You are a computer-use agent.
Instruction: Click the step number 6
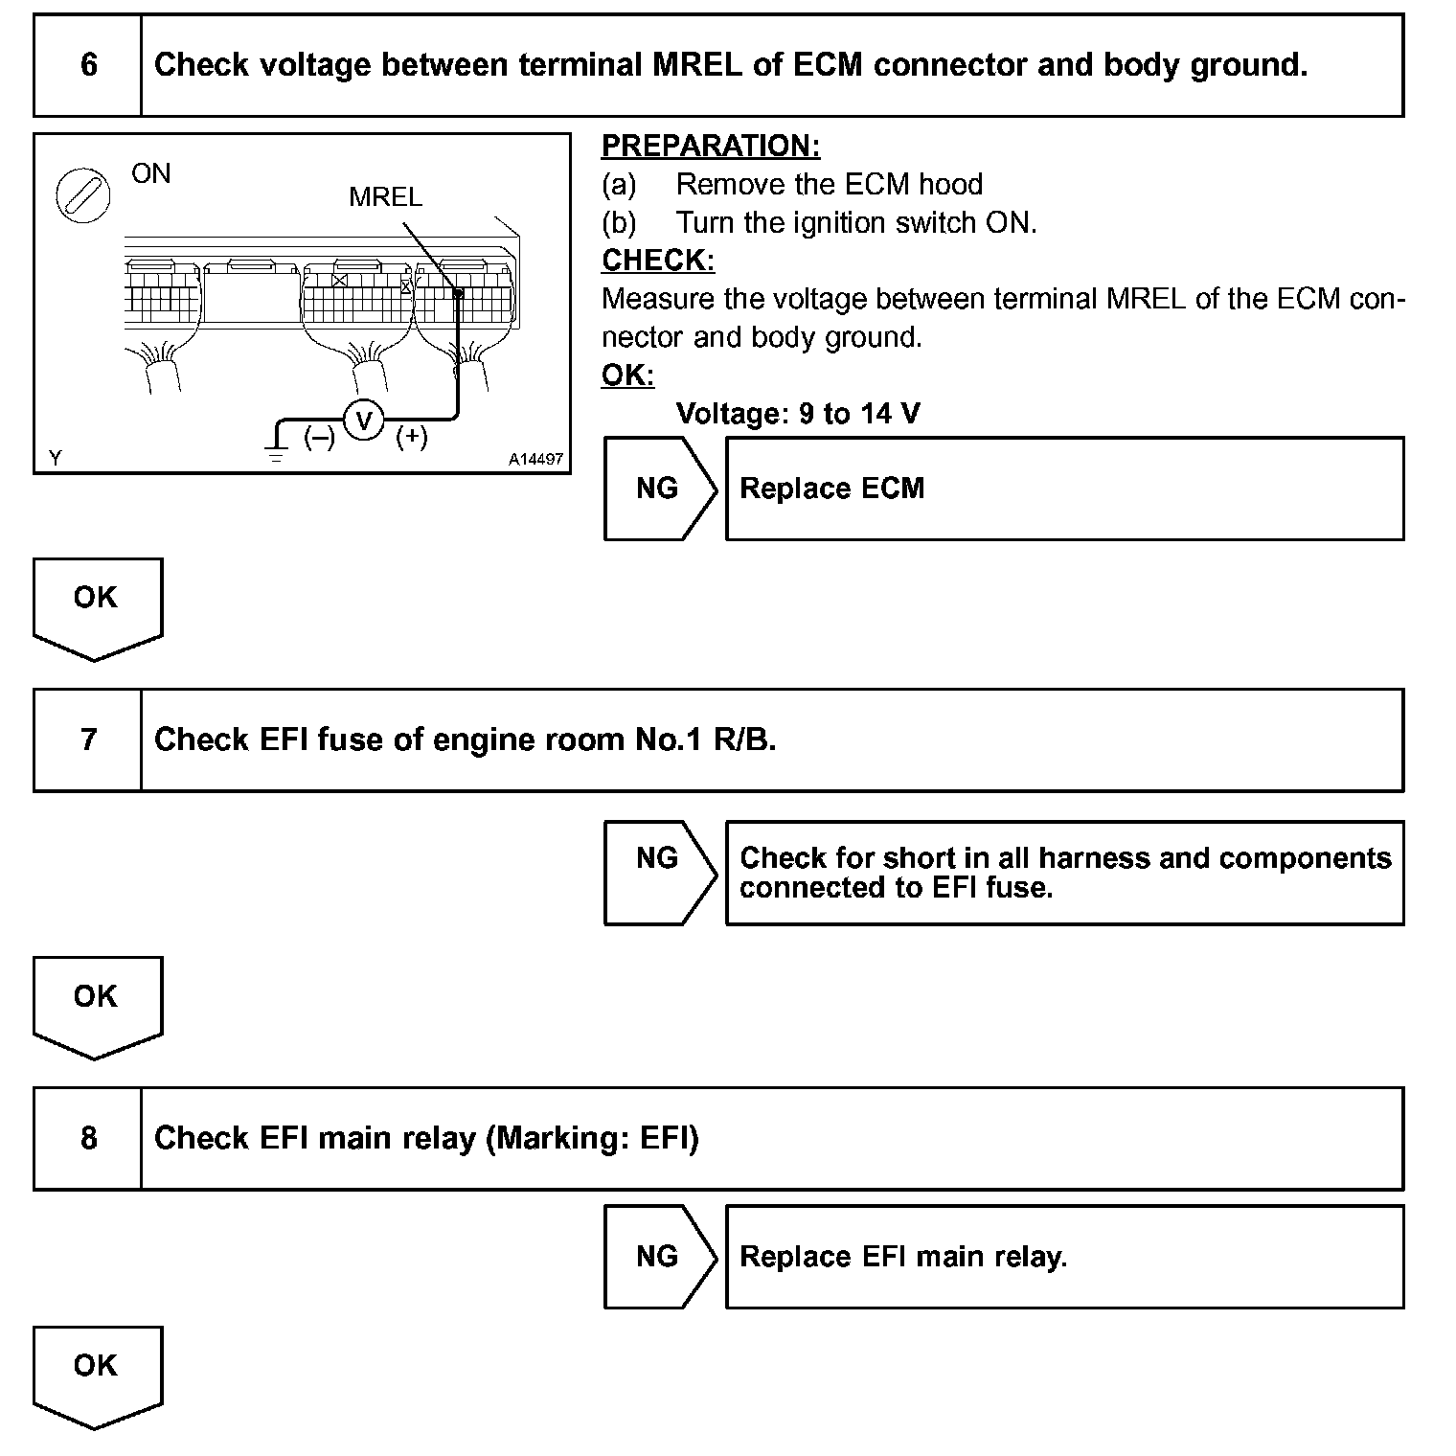[88, 65]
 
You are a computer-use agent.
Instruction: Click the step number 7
[88, 739]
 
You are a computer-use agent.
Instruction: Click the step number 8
[88, 1138]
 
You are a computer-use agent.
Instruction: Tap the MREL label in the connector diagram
[385, 197]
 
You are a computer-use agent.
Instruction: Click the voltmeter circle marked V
[363, 420]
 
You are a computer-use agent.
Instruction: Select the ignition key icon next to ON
[83, 196]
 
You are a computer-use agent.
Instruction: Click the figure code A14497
[535, 460]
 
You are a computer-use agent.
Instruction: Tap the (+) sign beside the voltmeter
[412, 437]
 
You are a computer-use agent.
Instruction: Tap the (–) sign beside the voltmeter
[319, 438]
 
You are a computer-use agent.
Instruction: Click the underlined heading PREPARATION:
[711, 146]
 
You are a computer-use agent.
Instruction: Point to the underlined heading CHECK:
[658, 261]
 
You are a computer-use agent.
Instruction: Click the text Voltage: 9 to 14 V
[798, 414]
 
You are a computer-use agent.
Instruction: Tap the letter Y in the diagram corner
[56, 459]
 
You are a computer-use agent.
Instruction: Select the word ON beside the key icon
[151, 173]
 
